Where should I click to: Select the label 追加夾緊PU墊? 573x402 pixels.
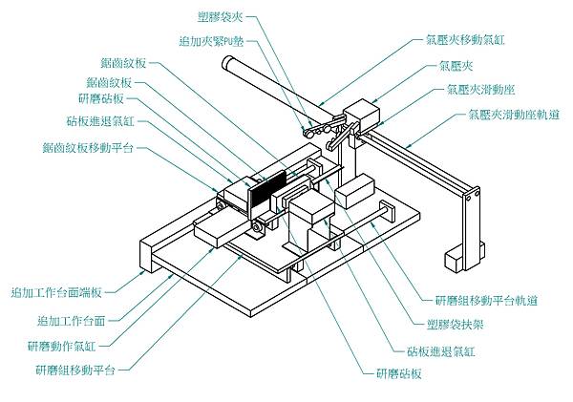tap(216, 41)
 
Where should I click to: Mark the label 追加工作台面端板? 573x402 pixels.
tap(64, 293)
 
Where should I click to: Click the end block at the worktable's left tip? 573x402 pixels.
tap(149, 257)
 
